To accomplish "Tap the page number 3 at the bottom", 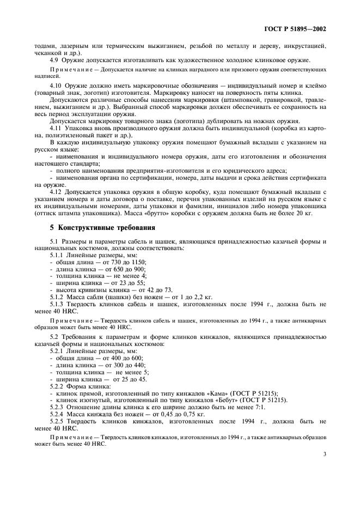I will pos(324,452).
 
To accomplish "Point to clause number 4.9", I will pos(54,60).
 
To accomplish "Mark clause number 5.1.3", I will pos(58,305).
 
